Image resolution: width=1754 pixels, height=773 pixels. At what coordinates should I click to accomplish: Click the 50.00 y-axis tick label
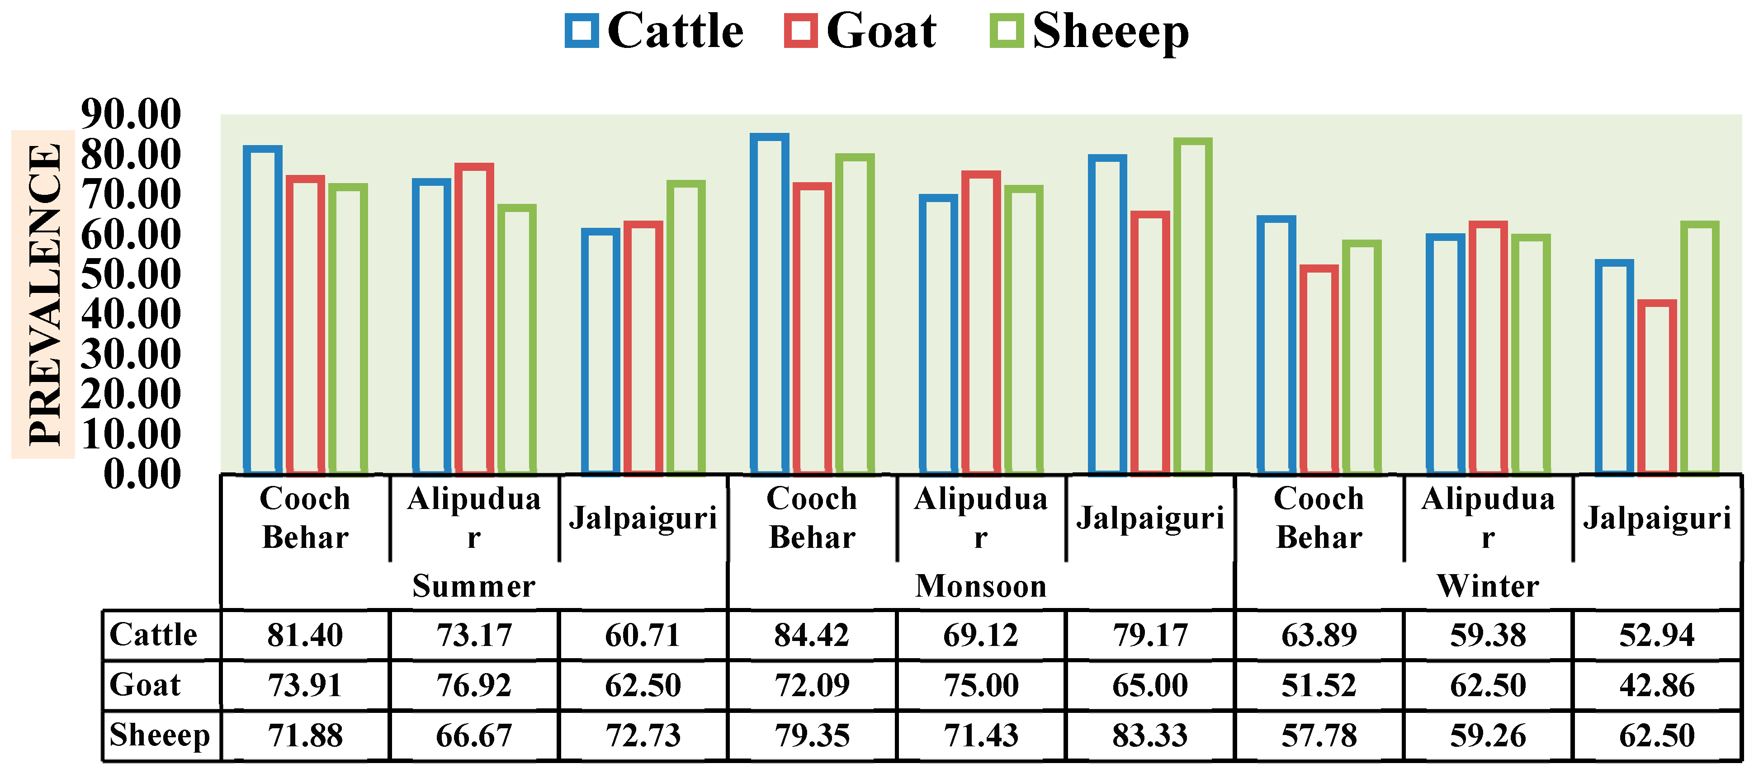pos(131,274)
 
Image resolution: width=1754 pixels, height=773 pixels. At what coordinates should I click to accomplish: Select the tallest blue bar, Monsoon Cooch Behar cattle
pos(770,303)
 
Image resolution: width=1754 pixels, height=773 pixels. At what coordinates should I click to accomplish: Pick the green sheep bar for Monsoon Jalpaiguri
pos(1193,306)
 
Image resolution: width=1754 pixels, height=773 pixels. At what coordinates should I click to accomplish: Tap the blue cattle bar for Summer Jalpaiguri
pos(600,351)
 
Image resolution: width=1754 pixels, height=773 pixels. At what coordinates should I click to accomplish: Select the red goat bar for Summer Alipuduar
pos(474,318)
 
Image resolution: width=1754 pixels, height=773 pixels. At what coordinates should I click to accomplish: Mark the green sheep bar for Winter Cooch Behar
pos(1362,357)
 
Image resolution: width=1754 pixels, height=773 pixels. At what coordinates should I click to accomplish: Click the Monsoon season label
pos(980,586)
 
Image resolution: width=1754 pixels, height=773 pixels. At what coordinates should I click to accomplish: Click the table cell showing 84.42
pos(812,635)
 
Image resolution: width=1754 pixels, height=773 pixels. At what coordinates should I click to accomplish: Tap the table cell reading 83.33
pos(1149,735)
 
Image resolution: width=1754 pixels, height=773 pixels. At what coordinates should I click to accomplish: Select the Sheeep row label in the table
pos(159,735)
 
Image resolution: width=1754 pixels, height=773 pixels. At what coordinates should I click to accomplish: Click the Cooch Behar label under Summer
pos(305,518)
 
